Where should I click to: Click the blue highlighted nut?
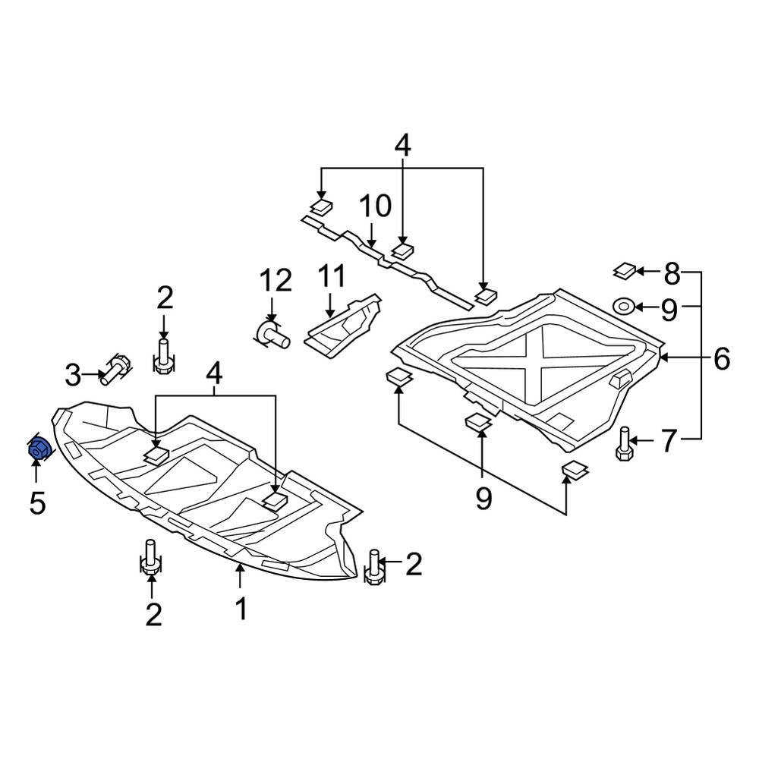[38, 450]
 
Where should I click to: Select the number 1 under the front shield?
[241, 609]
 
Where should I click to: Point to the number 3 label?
[72, 374]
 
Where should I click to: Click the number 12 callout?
[275, 281]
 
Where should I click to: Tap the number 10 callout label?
[374, 206]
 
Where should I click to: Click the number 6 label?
[721, 357]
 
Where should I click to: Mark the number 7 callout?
[667, 441]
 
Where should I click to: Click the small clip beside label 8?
[625, 269]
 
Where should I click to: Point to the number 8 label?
[672, 271]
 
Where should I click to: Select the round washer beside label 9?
[624, 307]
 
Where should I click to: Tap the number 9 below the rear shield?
[483, 498]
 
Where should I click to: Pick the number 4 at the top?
[402, 145]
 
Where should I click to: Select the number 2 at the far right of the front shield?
[413, 564]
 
